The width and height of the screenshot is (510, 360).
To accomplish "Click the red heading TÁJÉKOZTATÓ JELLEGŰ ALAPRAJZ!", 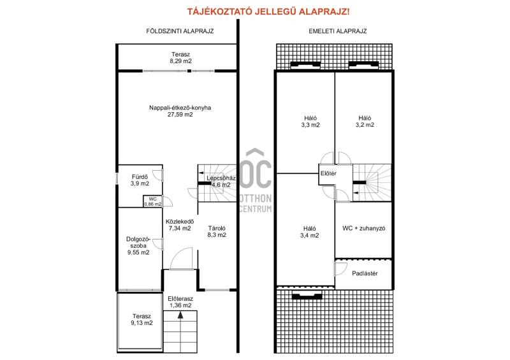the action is click(268, 11).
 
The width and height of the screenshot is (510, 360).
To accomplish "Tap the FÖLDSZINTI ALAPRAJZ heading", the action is click(180, 31).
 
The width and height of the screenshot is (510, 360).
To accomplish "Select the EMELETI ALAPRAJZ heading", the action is click(338, 31).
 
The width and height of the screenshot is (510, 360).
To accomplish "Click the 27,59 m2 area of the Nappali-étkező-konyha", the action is click(180, 115).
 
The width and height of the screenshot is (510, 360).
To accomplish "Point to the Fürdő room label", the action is click(140, 177).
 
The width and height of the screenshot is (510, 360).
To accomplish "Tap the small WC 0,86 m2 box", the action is click(152, 201).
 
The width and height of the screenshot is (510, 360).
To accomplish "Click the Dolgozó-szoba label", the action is click(138, 243).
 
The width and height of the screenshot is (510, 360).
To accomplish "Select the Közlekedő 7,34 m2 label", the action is click(180, 225).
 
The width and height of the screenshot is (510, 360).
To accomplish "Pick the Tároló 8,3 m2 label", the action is click(217, 231).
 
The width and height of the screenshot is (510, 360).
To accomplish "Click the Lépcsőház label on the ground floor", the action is click(221, 178).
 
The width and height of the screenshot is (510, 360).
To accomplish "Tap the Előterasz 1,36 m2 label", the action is click(180, 302).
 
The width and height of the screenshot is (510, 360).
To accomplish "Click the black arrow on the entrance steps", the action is click(180, 315).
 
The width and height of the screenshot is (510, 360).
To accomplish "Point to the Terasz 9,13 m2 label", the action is click(142, 319).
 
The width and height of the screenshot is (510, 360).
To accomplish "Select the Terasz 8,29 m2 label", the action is click(180, 58).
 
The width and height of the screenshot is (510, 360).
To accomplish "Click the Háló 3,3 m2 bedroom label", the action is click(310, 122).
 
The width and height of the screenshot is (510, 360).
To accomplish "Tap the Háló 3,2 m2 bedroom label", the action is click(365, 122).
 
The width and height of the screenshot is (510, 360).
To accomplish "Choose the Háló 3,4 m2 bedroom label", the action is click(309, 232).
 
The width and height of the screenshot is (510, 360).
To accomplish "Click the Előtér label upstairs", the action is click(328, 174).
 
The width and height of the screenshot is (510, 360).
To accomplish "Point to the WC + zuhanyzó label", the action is click(363, 228).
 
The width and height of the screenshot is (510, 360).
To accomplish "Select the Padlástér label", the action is click(365, 273).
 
